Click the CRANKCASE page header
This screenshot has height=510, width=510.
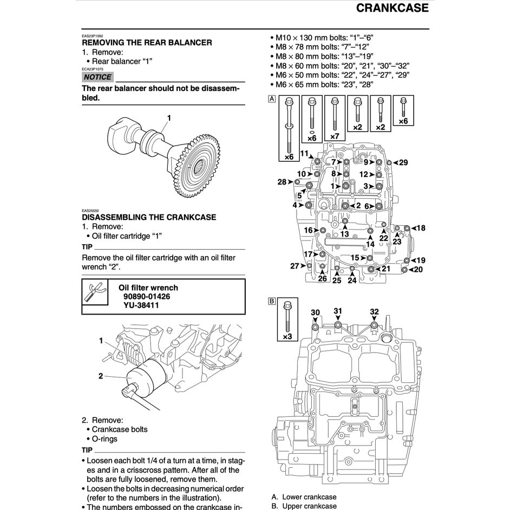point(392,8)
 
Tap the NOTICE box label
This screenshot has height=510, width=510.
point(97,77)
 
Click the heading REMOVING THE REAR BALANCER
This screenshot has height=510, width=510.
point(147,42)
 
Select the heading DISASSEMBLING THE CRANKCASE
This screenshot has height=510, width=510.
point(149,217)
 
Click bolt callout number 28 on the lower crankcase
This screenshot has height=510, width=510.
point(282,182)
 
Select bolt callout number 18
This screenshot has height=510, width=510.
point(420,228)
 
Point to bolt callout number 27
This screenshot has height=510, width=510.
point(295,266)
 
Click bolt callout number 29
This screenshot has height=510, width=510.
point(403,162)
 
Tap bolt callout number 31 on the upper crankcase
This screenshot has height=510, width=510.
point(338,311)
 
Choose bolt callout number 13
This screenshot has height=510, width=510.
point(344,234)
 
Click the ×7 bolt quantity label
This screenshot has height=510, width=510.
point(335,136)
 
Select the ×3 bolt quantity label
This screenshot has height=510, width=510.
point(287,337)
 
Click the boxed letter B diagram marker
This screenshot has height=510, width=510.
point(272,301)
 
